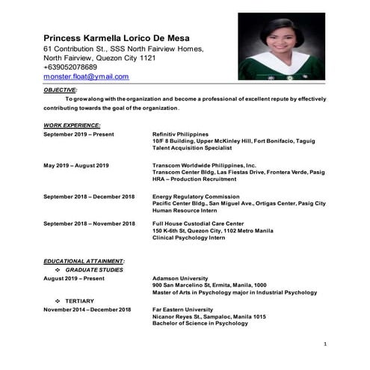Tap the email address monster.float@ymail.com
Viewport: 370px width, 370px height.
click(86, 76)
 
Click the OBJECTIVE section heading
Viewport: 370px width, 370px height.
click(61, 89)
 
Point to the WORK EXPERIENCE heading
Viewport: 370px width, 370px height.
click(72, 125)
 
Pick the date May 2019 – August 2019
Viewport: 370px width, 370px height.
click(76, 164)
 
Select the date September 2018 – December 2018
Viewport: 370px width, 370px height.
click(88, 196)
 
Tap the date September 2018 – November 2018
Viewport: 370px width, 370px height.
click(89, 223)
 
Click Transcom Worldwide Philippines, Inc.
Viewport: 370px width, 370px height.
click(204, 164)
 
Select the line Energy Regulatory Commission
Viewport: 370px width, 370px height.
click(197, 196)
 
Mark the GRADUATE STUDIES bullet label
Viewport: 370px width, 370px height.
click(94, 269)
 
